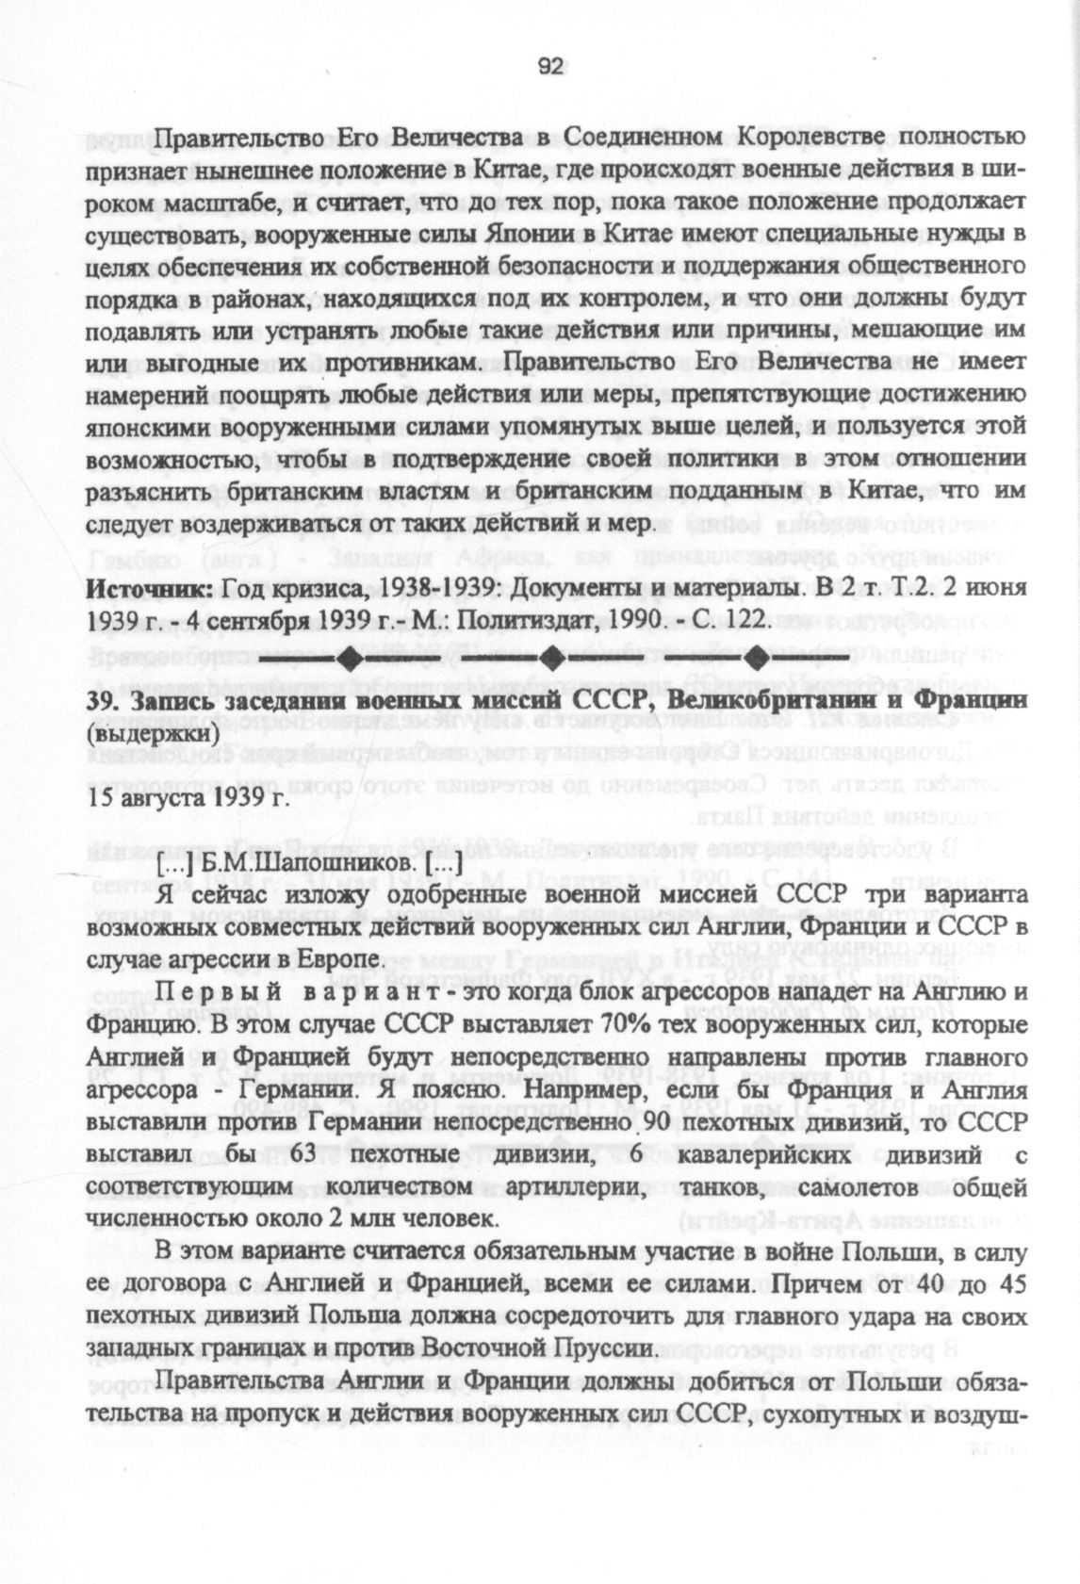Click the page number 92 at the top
550,66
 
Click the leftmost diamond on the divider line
348,654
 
